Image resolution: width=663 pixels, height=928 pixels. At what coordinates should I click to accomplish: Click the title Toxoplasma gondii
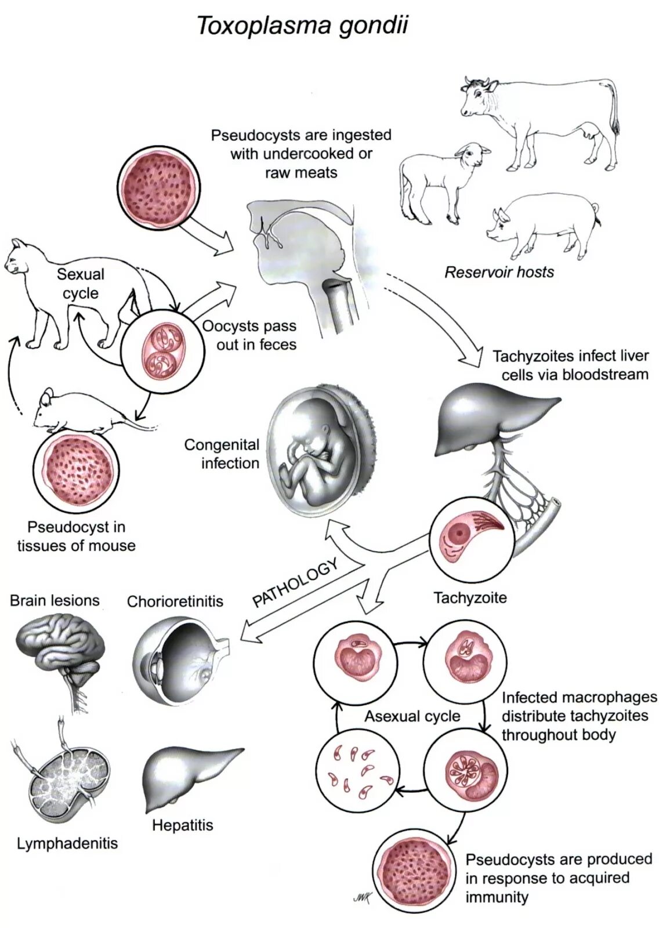click(302, 27)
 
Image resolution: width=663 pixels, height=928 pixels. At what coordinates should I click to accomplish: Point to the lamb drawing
click(440, 180)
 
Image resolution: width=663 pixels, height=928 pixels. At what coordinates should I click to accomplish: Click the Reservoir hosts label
click(499, 272)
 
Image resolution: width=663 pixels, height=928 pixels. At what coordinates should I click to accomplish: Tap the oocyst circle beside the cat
click(163, 350)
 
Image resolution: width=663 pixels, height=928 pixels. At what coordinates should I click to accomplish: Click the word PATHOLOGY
click(295, 583)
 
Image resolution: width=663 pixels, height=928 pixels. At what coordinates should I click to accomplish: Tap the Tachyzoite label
click(470, 597)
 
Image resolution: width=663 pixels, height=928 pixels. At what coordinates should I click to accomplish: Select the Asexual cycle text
click(412, 716)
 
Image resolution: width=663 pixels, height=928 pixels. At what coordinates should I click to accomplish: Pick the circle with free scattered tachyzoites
click(356, 770)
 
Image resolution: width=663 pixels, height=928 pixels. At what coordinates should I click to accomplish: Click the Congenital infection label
click(222, 454)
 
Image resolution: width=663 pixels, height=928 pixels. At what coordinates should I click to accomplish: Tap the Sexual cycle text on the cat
click(80, 284)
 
